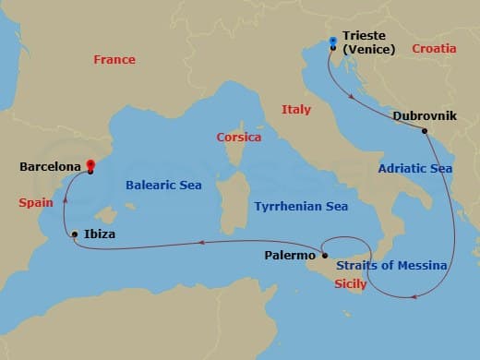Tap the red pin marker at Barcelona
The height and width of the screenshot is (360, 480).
(x=90, y=165)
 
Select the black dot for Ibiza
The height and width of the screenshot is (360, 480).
(x=74, y=234)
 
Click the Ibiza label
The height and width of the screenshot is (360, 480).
(x=100, y=234)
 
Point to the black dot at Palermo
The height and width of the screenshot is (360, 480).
(x=325, y=255)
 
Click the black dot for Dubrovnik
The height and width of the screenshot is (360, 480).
(x=425, y=130)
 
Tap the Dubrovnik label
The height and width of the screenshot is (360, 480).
(x=422, y=116)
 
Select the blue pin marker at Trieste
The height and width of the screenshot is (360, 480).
(x=332, y=41)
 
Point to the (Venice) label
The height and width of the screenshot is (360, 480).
(x=368, y=51)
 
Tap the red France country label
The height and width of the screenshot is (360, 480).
(x=114, y=60)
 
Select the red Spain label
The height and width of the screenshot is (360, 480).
(x=36, y=200)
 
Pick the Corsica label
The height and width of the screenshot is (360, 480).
(x=239, y=138)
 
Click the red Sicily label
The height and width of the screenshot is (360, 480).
(x=351, y=284)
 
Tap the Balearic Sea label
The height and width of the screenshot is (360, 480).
(x=163, y=186)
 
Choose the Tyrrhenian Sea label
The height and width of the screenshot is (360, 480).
(x=302, y=207)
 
